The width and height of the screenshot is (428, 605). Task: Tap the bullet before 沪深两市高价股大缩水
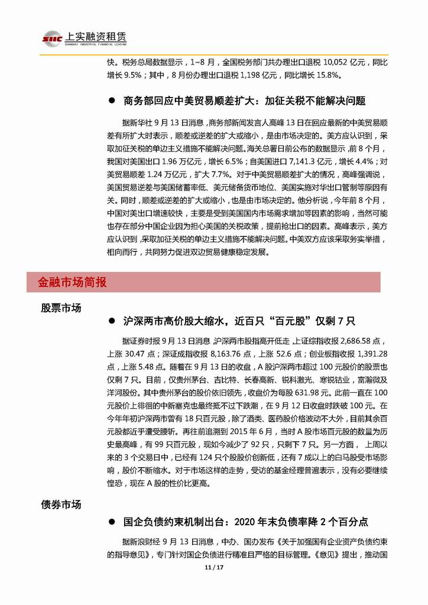[x=111, y=321]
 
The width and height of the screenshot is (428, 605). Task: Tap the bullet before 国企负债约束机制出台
[x=111, y=522]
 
